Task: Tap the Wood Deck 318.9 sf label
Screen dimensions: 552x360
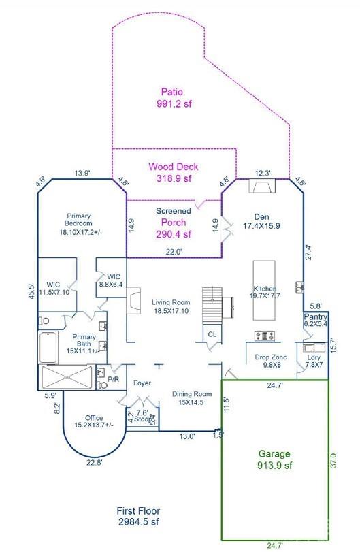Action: tap(174, 173)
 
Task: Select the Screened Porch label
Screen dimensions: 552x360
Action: tap(174, 223)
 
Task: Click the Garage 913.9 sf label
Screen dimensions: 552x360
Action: tap(274, 459)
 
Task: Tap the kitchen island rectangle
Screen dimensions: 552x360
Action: tap(265, 289)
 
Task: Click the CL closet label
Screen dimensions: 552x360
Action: tap(212, 335)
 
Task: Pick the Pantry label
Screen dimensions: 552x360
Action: tap(315, 321)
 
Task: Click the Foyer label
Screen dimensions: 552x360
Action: tap(142, 382)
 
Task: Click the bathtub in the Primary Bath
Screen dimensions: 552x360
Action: tap(48, 348)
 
